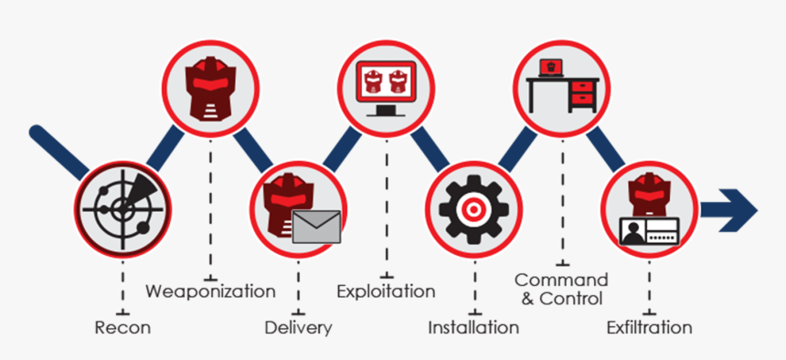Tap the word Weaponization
click(211, 291)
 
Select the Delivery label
click(298, 326)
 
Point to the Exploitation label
click(386, 291)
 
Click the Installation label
click(473, 326)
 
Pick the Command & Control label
click(560, 288)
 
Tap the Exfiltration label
click(650, 326)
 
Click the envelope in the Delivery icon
click(316, 223)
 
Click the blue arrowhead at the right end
click(741, 207)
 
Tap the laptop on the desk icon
click(550, 68)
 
